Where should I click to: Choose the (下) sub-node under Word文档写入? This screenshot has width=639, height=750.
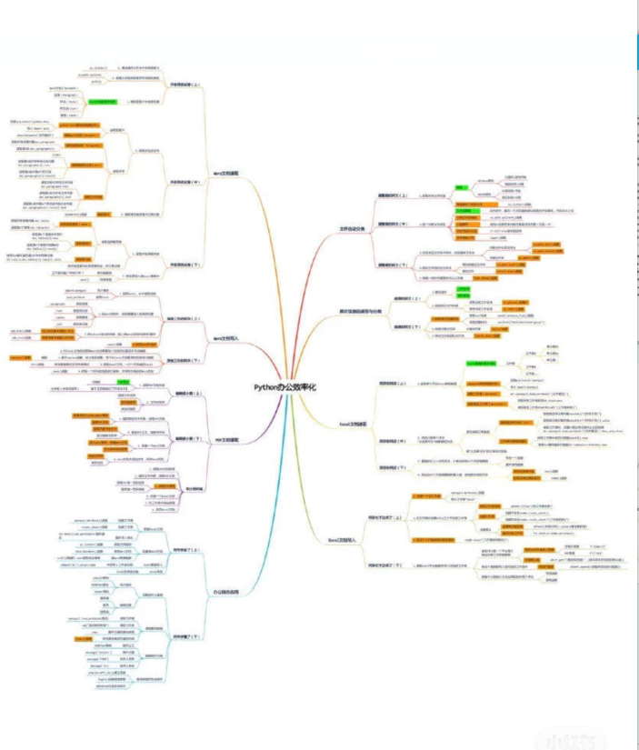(182, 360)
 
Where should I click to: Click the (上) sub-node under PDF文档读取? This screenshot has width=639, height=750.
(182, 394)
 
